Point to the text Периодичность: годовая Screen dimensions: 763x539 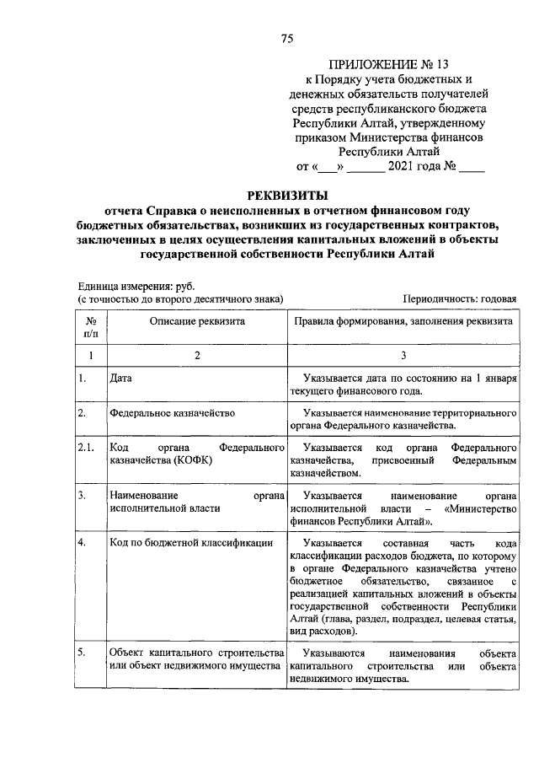pyautogui.click(x=459, y=298)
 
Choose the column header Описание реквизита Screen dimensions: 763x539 pyautogui.click(x=197, y=321)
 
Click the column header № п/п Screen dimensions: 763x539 pyautogui.click(x=90, y=327)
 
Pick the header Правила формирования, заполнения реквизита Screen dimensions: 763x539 pyautogui.click(x=403, y=321)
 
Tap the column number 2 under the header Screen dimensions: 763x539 pyautogui.click(x=197, y=356)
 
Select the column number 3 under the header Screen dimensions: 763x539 pyautogui.click(x=403, y=356)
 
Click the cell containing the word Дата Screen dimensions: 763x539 pyautogui.click(x=121, y=379)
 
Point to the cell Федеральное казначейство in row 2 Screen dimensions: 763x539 pyautogui.click(x=172, y=413)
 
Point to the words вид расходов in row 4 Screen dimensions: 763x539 pyautogui.click(x=319, y=631)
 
